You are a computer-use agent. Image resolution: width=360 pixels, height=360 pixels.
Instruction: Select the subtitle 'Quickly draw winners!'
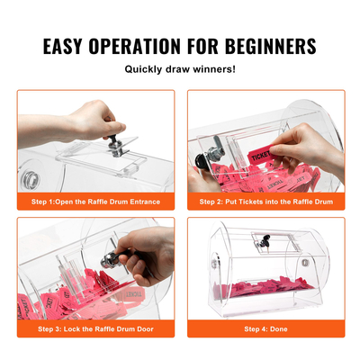click(x=180, y=70)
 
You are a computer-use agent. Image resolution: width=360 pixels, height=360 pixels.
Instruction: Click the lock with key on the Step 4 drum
click(x=264, y=242)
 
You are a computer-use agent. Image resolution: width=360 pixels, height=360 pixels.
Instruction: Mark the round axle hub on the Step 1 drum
click(x=29, y=170)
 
